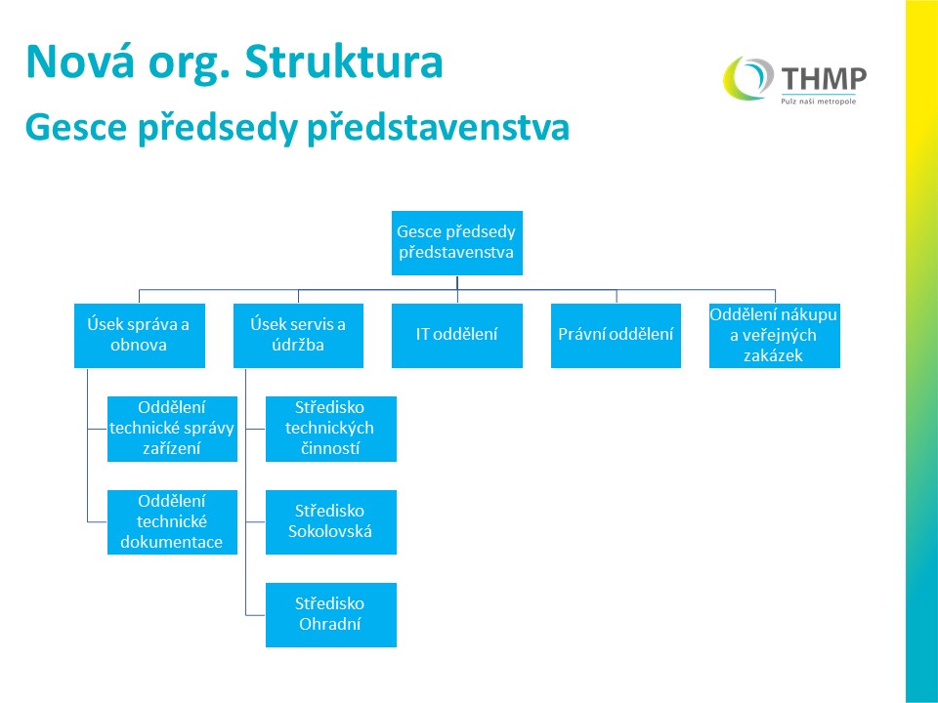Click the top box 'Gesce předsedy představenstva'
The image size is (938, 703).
coord(457,243)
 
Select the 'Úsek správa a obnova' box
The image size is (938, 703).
coord(140,335)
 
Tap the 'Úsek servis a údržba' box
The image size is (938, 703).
coord(298,335)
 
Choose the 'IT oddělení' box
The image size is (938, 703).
coord(457,335)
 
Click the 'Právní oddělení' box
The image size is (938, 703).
coord(616,335)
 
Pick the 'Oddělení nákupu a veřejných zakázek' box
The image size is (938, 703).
coord(775,335)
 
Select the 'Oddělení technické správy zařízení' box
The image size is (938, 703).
coord(172,429)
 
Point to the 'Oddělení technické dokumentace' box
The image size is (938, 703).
coord(172,521)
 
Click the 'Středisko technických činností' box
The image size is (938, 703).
coord(331,429)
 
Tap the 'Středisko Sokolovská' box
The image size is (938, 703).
coord(331,521)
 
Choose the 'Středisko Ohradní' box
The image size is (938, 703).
coord(331,614)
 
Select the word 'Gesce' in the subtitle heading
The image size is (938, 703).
coord(76,127)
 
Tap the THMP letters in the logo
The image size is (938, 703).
coord(824,78)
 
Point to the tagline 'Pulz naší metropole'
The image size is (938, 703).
coord(819,101)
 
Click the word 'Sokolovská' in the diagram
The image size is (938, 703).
coord(330,531)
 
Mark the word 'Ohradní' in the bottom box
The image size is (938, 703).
coord(330,624)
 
